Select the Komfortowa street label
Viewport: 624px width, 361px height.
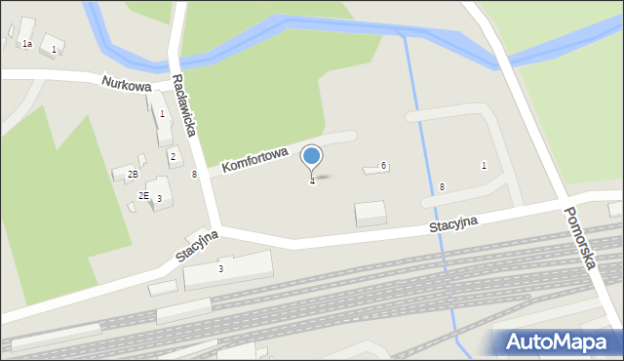coord(254,160)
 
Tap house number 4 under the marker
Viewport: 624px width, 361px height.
coord(312,181)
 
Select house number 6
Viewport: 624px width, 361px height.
coord(384,166)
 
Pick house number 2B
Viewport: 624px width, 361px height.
coord(133,174)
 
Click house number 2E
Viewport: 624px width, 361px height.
coord(143,196)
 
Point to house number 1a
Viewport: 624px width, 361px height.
coord(27,44)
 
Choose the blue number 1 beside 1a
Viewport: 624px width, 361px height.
coord(54,49)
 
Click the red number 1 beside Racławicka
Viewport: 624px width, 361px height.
coord(162,113)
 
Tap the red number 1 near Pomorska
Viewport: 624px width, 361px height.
coord(484,165)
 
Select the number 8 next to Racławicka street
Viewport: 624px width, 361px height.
coord(194,174)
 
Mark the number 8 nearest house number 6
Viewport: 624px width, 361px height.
coord(442,186)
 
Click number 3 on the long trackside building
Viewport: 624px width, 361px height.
coord(220,268)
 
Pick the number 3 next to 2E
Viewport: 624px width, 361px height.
coord(159,199)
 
